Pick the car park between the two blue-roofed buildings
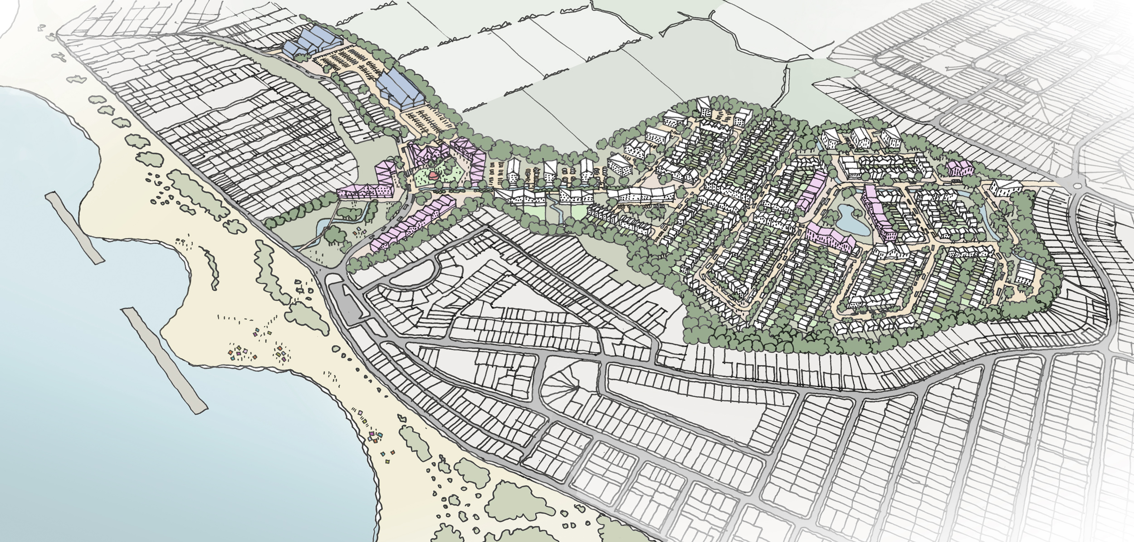tap(349, 63)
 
